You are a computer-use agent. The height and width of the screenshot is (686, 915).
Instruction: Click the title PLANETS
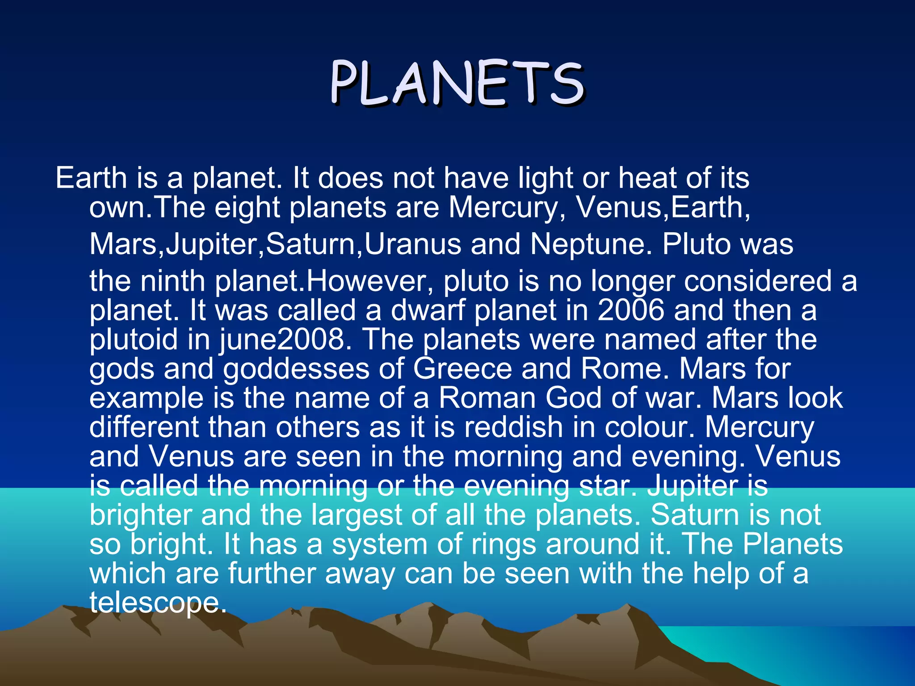pyautogui.click(x=457, y=84)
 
